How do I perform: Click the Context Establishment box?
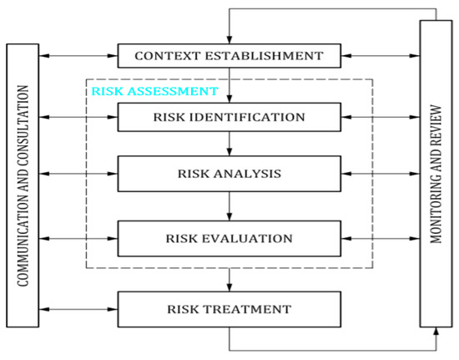pyautogui.click(x=229, y=57)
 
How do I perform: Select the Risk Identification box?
pyautogui.click(x=229, y=116)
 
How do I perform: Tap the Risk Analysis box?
pyautogui.click(x=229, y=175)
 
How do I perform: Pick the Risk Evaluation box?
pyautogui.click(x=229, y=238)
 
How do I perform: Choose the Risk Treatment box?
pyautogui.click(x=229, y=309)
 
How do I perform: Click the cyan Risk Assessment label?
pyautogui.click(x=154, y=90)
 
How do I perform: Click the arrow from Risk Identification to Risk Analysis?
pyautogui.click(x=229, y=143)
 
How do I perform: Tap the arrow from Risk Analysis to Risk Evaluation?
pyautogui.click(x=229, y=206)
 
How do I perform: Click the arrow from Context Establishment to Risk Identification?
pyautogui.click(x=229, y=84)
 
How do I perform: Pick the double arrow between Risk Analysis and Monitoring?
pyautogui.click(x=381, y=175)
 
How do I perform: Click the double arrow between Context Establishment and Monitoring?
pyautogui.click(x=381, y=57)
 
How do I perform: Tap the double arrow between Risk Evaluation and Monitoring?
pyautogui.click(x=381, y=238)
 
